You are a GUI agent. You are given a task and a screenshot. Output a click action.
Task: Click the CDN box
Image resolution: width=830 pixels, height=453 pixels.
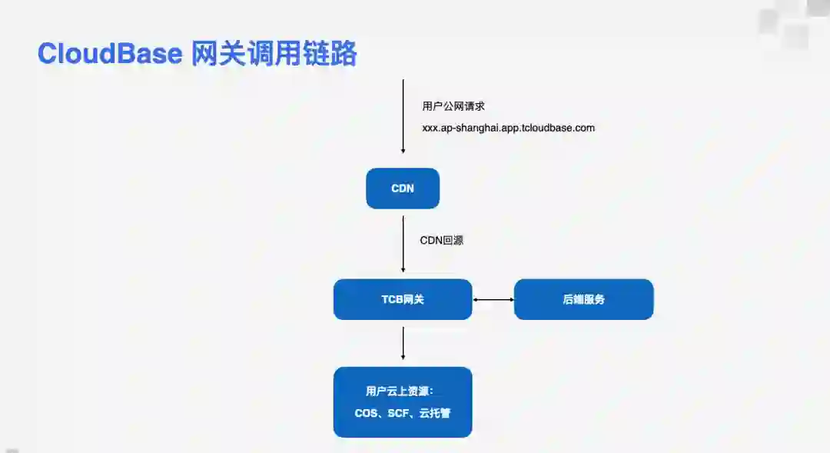[403, 188]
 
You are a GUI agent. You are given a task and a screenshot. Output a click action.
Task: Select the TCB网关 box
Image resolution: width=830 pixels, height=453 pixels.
[403, 299]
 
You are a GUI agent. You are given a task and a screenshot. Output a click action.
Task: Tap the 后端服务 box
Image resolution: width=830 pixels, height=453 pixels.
[583, 299]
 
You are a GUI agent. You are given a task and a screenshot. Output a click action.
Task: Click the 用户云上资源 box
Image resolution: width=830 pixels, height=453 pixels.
[403, 402]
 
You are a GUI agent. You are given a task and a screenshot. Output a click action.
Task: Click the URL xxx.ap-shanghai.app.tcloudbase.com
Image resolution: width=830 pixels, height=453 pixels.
[508, 128]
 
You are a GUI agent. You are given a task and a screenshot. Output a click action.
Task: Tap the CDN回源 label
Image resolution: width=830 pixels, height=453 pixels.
[441, 240]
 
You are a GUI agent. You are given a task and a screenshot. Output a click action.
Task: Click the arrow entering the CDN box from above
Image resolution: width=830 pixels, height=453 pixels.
[403, 115]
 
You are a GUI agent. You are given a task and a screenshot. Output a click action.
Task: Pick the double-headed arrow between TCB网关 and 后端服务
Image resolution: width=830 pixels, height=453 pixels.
[493, 299]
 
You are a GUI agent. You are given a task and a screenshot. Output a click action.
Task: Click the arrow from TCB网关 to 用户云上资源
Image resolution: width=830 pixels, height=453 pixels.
[403, 342]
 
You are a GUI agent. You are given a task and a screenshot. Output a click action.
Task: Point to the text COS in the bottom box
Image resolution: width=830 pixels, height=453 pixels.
[366, 413]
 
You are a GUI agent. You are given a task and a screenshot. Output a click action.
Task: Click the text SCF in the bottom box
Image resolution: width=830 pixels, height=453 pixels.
[399, 413]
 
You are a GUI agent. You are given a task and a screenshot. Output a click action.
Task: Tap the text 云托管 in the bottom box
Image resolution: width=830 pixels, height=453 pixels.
[435, 413]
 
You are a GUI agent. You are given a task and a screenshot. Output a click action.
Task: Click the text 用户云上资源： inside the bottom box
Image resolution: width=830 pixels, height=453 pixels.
[394, 391]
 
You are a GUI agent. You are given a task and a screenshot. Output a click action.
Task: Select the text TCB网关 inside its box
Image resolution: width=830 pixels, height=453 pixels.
[403, 299]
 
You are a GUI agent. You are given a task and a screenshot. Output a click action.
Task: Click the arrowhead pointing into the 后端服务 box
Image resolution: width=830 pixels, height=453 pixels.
[510, 299]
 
